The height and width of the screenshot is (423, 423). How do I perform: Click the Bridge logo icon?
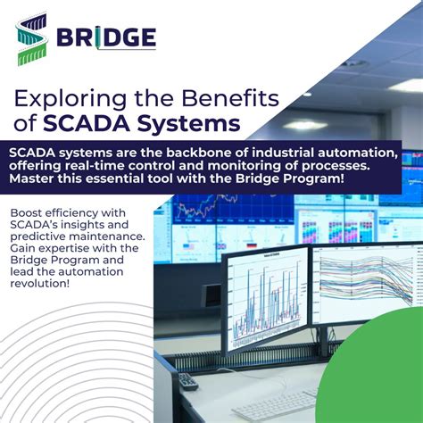31,37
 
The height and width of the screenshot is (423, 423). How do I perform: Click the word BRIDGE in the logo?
106,37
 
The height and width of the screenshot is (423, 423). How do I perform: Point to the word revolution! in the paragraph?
44,283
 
